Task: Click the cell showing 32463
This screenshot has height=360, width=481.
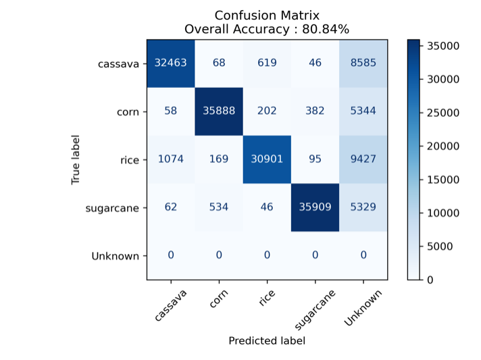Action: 171,64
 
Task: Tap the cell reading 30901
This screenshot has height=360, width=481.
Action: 267,160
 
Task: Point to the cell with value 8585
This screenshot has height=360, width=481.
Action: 363,64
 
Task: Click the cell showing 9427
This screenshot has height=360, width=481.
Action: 363,160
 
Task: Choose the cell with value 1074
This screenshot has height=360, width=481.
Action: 171,160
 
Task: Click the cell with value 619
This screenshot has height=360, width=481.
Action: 267,64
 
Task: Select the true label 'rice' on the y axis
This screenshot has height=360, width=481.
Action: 129,160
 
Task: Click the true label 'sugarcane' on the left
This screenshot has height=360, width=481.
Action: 112,208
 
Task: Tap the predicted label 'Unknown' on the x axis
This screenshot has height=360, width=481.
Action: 363,307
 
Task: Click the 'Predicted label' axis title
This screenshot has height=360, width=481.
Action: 267,341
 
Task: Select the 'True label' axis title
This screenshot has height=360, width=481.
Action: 76,159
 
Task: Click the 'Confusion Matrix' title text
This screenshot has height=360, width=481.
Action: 267,15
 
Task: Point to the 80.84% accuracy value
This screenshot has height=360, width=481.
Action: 326,29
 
